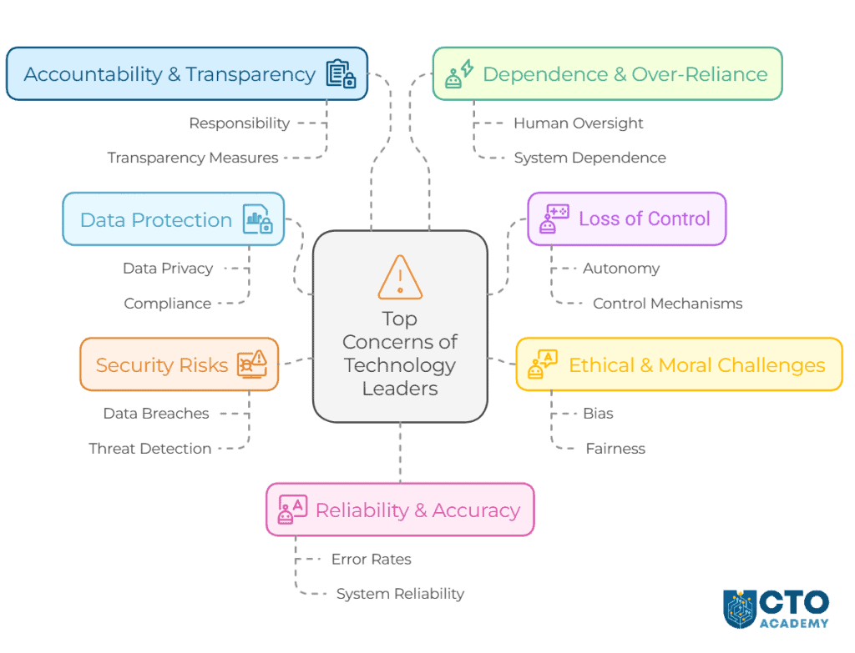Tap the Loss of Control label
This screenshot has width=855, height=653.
pyautogui.click(x=644, y=219)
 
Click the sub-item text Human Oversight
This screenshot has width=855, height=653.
pyautogui.click(x=578, y=123)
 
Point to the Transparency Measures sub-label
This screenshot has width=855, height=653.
pyautogui.click(x=193, y=158)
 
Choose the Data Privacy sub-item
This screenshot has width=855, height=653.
pyautogui.click(x=168, y=269)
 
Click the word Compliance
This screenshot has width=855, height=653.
pyautogui.click(x=167, y=304)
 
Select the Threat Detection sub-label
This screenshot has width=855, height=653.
pyautogui.click(x=149, y=449)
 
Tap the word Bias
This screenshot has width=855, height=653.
pyautogui.click(x=598, y=414)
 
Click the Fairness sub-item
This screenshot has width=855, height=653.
pyautogui.click(x=615, y=449)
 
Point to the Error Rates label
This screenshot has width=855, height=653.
pyautogui.click(x=371, y=560)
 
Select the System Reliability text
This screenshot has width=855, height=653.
pyautogui.click(x=400, y=594)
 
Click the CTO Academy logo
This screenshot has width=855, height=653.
pyautogui.click(x=777, y=609)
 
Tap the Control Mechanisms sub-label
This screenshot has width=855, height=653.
pyautogui.click(x=667, y=304)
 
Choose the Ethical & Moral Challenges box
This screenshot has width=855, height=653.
pyautogui.click(x=679, y=364)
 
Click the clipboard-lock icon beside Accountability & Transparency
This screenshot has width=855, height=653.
pyautogui.click(x=341, y=74)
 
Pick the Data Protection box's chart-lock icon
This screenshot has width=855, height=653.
pyautogui.click(x=258, y=219)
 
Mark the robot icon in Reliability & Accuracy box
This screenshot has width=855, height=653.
pyautogui.click(x=292, y=510)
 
